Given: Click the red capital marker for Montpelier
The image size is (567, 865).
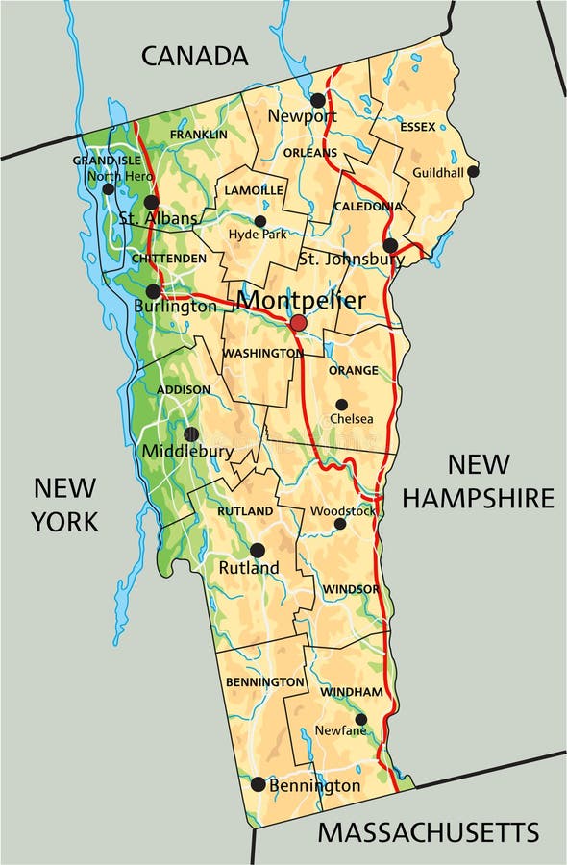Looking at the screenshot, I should click(298, 323).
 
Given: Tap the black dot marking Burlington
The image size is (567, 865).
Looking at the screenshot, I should click(153, 291).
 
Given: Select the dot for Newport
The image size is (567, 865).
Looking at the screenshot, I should click(318, 100).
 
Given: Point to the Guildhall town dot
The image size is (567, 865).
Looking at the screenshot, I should click(473, 171).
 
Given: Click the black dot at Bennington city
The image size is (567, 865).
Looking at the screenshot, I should click(258, 784).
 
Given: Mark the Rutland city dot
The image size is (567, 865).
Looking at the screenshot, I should click(258, 550).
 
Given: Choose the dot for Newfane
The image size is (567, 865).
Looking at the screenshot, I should click(361, 719).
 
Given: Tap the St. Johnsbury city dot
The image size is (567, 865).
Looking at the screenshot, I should click(390, 245).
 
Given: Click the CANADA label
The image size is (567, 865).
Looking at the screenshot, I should click(195, 56).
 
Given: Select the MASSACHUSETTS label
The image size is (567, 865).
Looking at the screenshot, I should click(429, 831).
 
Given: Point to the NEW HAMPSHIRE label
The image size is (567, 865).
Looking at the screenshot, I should click(478, 481).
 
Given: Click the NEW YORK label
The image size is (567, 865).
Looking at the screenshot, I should click(64, 504).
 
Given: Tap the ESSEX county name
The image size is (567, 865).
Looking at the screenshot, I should click(416, 126).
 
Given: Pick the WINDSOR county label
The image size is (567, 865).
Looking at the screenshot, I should click(351, 588).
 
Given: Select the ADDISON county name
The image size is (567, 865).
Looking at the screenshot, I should click(183, 389).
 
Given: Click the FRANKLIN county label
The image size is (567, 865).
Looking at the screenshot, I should click(199, 135).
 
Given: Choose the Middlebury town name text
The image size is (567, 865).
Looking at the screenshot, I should click(187, 451).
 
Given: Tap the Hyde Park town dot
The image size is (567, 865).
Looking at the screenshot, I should click(259, 221).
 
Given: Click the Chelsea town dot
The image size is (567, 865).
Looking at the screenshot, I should click(341, 405).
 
